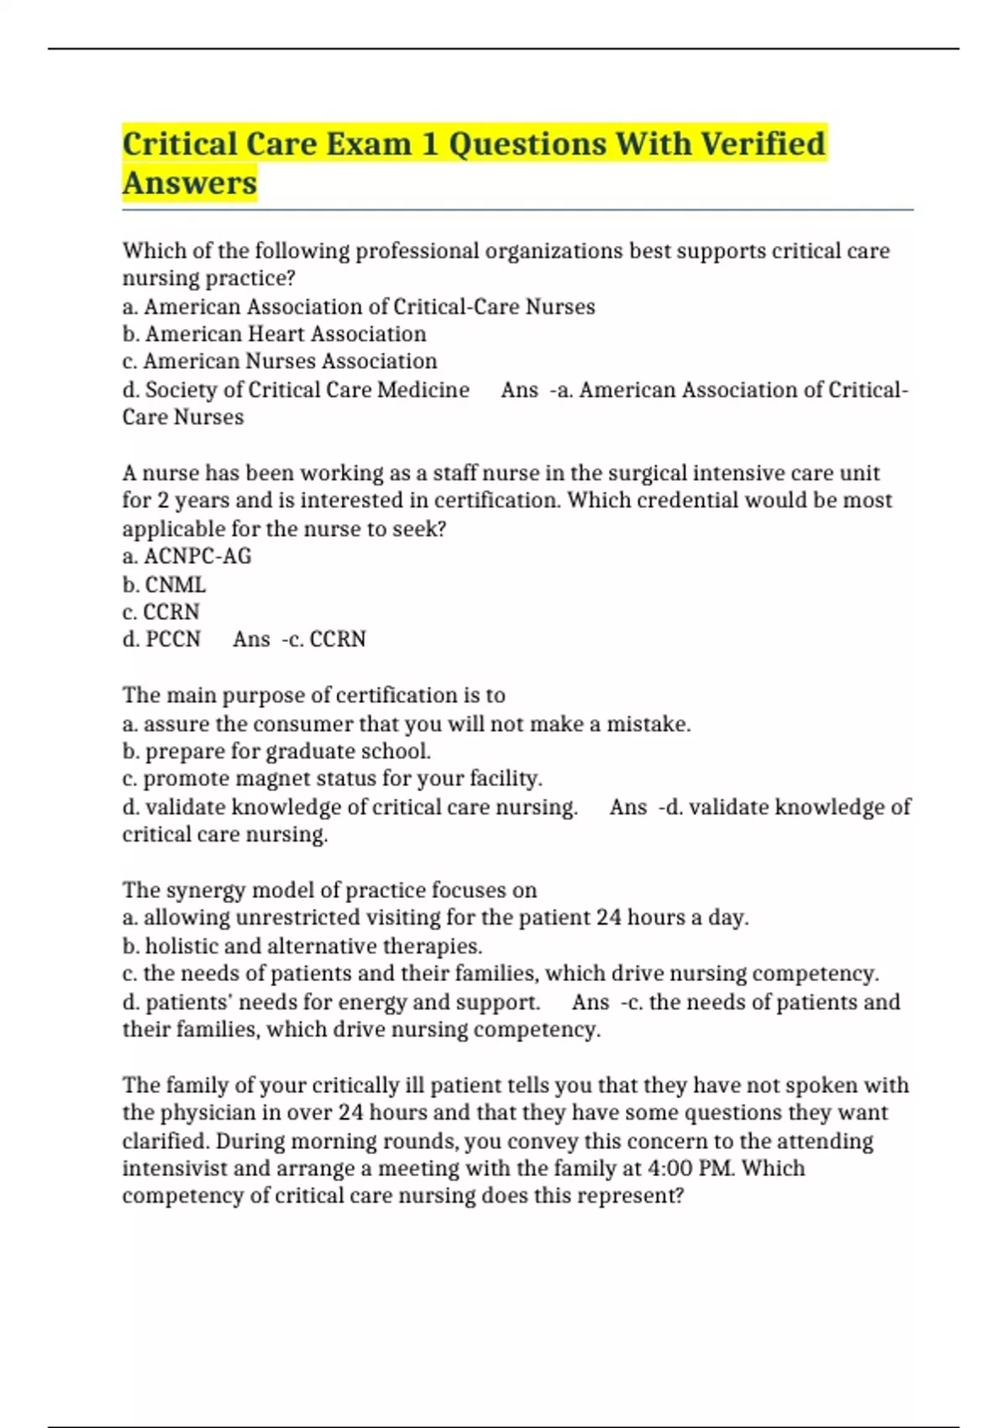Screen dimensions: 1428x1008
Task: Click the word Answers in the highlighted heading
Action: [x=190, y=183]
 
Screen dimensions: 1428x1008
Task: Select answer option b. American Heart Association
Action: [x=275, y=334]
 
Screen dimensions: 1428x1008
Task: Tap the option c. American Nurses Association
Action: [x=280, y=361]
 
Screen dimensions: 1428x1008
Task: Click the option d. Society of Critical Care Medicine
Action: [x=296, y=390]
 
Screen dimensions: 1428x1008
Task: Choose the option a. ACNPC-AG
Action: [x=186, y=556]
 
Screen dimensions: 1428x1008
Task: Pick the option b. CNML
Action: [x=164, y=584]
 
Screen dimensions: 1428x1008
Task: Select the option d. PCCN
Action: [x=161, y=639]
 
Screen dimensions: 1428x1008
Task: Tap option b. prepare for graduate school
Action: [x=276, y=751]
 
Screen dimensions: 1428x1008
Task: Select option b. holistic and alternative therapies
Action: [x=302, y=946]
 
